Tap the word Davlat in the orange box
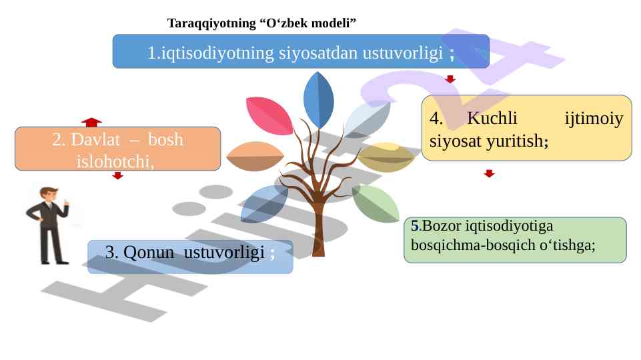[86, 141]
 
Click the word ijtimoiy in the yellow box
[594, 119]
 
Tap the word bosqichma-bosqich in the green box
[461, 244]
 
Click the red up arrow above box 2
[91, 121]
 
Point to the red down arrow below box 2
[117, 176]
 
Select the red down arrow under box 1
[450, 79]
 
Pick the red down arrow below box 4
[490, 173]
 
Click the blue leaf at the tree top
[319, 100]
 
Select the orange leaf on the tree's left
[254, 157]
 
